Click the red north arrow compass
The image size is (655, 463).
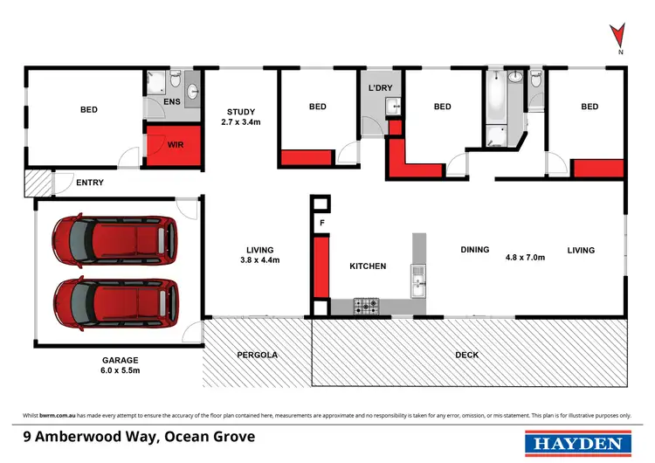point(618,35)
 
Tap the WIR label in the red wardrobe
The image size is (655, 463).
point(174,144)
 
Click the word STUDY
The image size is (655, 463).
point(240,111)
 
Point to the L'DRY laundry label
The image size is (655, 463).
point(381,88)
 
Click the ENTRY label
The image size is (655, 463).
point(90,183)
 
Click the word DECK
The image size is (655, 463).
point(467,355)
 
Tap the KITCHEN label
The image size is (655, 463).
point(368,266)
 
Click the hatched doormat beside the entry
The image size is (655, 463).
point(38,183)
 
